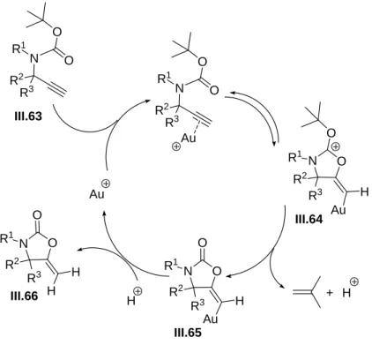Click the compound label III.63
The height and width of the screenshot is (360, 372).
pyautogui.click(x=28, y=116)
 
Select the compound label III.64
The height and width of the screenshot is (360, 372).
pyautogui.click(x=309, y=219)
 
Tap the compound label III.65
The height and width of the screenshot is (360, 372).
pyautogui.click(x=188, y=333)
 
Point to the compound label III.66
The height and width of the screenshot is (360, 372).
pyautogui.click(x=25, y=296)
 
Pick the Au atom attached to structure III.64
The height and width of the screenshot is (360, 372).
pyautogui.click(x=339, y=210)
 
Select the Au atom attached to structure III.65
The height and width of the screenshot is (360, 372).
pyautogui.click(x=211, y=319)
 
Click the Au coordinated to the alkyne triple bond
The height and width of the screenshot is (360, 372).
pyautogui.click(x=188, y=138)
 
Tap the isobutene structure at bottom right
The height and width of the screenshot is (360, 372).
pyautogui.click(x=307, y=292)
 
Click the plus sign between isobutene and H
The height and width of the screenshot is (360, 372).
pyautogui.click(x=330, y=293)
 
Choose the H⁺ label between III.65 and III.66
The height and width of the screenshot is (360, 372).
pyautogui.click(x=135, y=296)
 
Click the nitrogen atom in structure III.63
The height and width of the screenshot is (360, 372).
pyautogui.click(x=35, y=59)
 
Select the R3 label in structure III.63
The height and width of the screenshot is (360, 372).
pyautogui.click(x=26, y=93)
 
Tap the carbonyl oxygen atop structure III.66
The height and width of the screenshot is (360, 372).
pyautogui.click(x=37, y=215)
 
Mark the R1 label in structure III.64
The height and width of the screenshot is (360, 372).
pyautogui.click(x=296, y=158)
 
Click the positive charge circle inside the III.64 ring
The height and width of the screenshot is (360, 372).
pyautogui.click(x=337, y=146)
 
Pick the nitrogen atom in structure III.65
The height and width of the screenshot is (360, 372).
pyautogui.click(x=190, y=271)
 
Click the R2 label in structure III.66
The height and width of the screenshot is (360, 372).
pyautogui.click(x=12, y=265)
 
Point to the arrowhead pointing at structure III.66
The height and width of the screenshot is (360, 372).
pyautogui.click(x=79, y=250)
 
